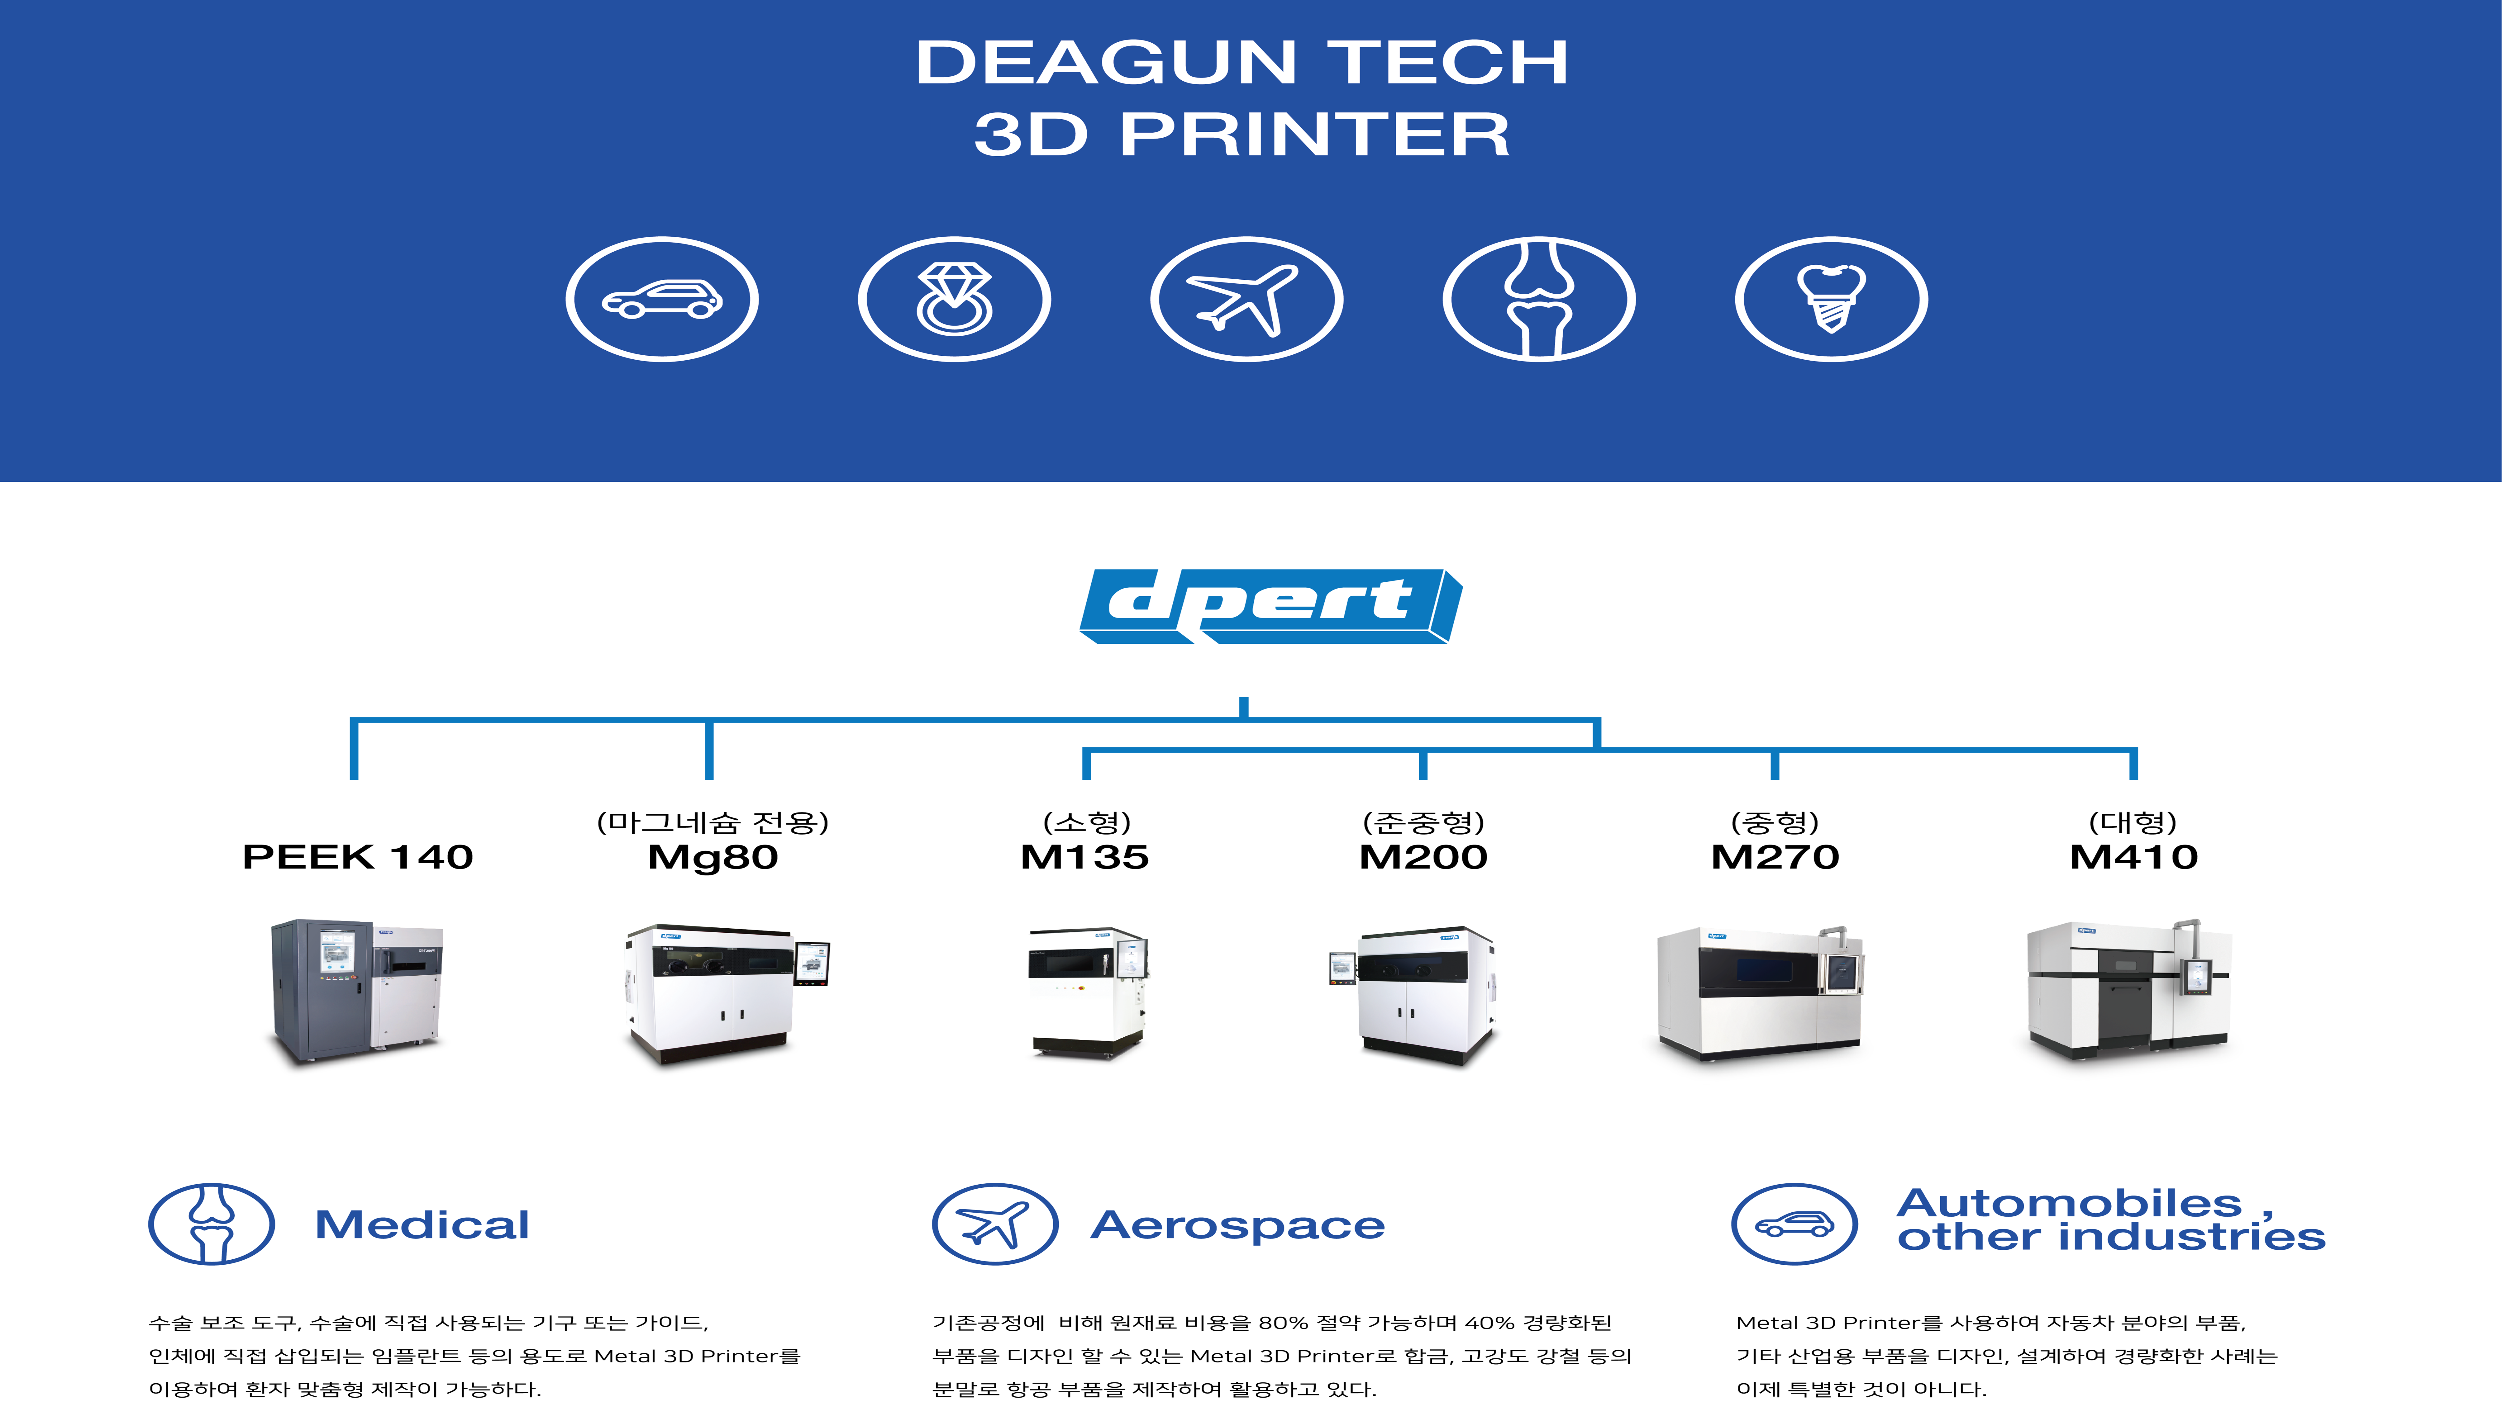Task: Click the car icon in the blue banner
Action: point(662,300)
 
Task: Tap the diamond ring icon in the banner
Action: point(954,300)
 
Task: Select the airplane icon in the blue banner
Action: point(1247,300)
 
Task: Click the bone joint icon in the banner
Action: point(1539,300)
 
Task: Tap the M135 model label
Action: point(1085,857)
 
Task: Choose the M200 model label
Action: point(1423,857)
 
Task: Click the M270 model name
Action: point(1775,857)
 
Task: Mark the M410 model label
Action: point(2133,857)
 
